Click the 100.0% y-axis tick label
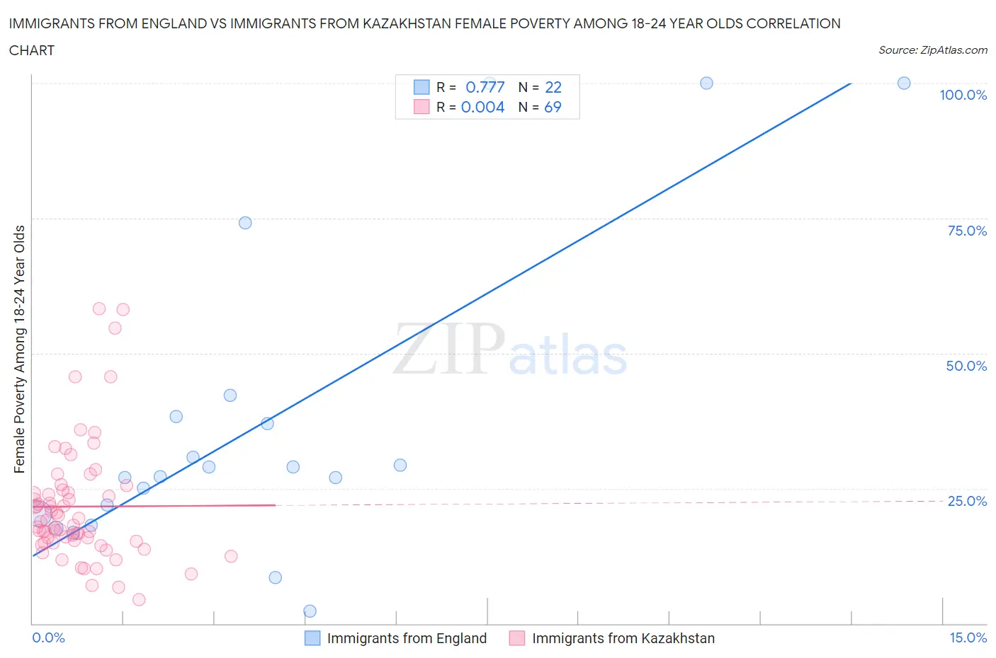pyautogui.click(x=963, y=95)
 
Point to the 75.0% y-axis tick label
pyautogui.click(x=967, y=231)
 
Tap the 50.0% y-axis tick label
pyautogui.click(x=966, y=366)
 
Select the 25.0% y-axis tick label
pyautogui.click(x=967, y=501)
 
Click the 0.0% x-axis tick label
pyautogui.click(x=48, y=637)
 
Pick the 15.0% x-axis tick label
pyautogui.click(x=968, y=637)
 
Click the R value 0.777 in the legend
pyautogui.click(x=485, y=87)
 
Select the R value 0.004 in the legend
pyautogui.click(x=482, y=107)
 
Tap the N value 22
pyautogui.click(x=553, y=87)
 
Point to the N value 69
pyautogui.click(x=553, y=107)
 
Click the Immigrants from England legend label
pyautogui.click(x=407, y=638)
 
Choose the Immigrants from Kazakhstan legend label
pyautogui.click(x=623, y=638)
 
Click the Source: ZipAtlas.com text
pyautogui.click(x=932, y=50)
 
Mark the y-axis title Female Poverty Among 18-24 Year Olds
pyautogui.click(x=20, y=349)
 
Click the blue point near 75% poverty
pyautogui.click(x=245, y=223)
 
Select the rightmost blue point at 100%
pyautogui.click(x=904, y=83)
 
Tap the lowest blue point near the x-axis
pyautogui.click(x=310, y=611)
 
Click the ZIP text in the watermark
pyautogui.click(x=449, y=349)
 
